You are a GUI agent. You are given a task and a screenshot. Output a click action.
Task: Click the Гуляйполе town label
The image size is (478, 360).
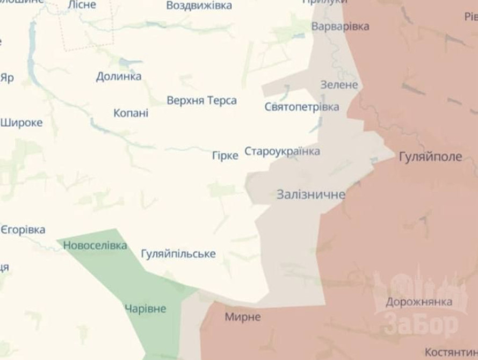430,157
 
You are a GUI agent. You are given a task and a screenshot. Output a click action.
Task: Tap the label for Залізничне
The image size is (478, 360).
310,195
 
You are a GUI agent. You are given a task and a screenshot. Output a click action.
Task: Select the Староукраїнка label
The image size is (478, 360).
282,151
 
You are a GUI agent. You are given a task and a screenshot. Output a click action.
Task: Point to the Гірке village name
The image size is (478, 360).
226,156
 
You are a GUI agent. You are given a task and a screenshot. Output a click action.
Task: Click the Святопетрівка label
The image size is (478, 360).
302,107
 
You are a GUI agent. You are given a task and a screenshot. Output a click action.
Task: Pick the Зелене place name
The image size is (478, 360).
338,85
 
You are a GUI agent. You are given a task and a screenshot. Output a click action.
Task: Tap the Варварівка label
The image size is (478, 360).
340,26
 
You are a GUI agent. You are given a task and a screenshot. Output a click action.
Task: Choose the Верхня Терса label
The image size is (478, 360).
201,100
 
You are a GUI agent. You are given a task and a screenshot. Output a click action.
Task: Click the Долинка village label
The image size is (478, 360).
119,76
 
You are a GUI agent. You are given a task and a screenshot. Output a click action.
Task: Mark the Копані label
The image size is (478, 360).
131,113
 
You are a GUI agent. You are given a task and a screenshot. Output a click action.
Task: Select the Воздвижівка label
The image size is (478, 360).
199,5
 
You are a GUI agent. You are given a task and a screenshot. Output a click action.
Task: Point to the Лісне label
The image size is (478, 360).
82,5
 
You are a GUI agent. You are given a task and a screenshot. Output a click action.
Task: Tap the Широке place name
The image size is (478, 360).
21,122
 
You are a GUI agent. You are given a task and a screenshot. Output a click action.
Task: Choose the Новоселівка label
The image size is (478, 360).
95,246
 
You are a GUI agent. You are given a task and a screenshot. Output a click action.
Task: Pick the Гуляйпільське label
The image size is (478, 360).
178,254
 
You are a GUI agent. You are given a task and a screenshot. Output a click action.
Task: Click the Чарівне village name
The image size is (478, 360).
145,309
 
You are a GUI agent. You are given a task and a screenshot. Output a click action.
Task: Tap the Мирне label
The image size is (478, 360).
243,317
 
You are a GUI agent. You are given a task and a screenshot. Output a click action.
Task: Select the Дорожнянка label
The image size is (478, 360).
418,301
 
